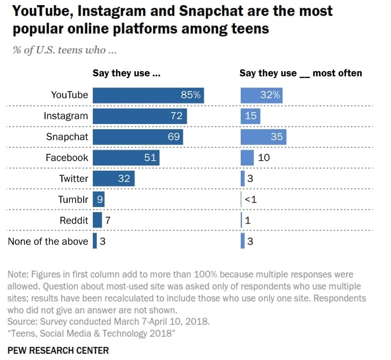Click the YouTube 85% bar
[x=148, y=95]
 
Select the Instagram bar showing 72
[x=139, y=116]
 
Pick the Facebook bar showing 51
[x=126, y=158]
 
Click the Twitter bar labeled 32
[x=113, y=179]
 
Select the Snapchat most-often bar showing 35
[x=263, y=136]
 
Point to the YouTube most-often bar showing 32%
[x=261, y=95]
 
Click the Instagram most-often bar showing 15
[x=250, y=116]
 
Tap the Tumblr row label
[x=73, y=199]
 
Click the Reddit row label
[x=74, y=220]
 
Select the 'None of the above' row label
[x=48, y=241]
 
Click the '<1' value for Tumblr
[x=250, y=199]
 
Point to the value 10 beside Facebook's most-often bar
[x=264, y=158]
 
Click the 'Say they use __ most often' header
[x=301, y=73]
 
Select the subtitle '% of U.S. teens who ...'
[x=64, y=50]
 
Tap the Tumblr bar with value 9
[x=98, y=199]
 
